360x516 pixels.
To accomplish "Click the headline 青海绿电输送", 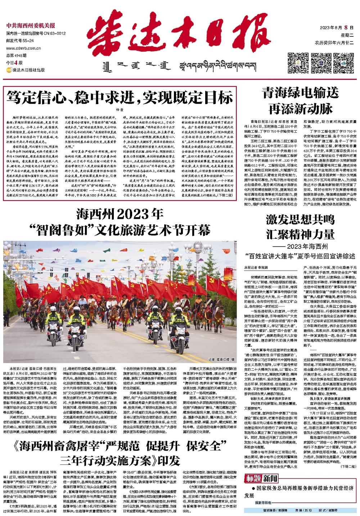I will click(x=300, y=93).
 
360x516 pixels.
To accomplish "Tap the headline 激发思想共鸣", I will click(x=300, y=219).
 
